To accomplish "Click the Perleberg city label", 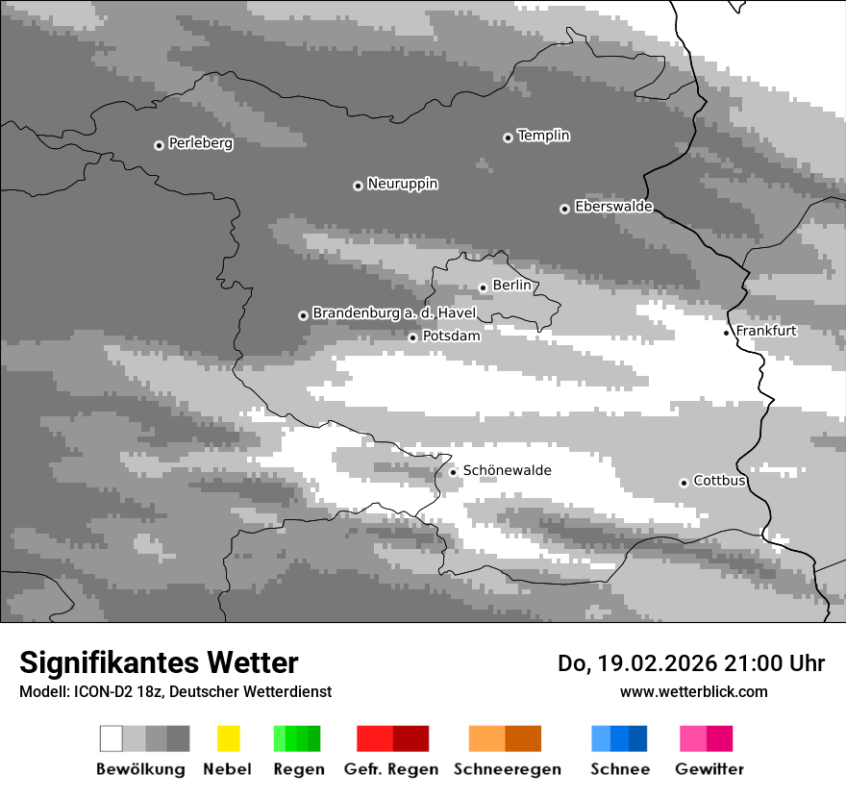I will [x=200, y=143].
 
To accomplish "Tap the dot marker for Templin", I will [x=508, y=137].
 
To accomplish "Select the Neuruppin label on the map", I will [x=402, y=184].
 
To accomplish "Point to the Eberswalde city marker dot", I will [x=564, y=209].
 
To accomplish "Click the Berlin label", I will [x=511, y=286].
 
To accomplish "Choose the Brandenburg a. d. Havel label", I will [x=394, y=313].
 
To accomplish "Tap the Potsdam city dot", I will [x=412, y=337].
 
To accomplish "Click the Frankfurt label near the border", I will [x=766, y=331].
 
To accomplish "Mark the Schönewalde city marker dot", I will [x=453, y=472].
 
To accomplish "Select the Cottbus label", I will [x=719, y=481].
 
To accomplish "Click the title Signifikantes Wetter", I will [x=159, y=662].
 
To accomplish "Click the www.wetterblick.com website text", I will [x=693, y=692].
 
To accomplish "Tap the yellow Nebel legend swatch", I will [x=228, y=738].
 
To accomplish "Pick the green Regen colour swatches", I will [x=297, y=738].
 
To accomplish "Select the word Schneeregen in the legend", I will [x=507, y=769].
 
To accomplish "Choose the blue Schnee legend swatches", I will [x=619, y=738].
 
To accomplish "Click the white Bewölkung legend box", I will [x=111, y=738].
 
